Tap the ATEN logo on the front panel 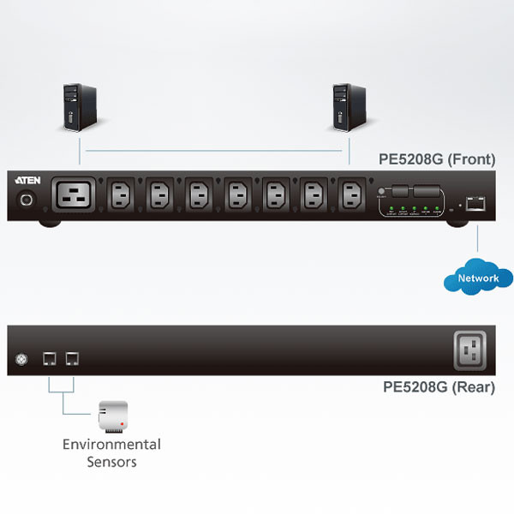click(x=24, y=181)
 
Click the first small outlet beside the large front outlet click(x=122, y=196)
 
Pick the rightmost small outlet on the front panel click(x=352, y=196)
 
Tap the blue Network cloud click(x=478, y=278)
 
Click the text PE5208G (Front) click(x=436, y=159)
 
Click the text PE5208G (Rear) click(x=439, y=387)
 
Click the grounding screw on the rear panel click(x=22, y=360)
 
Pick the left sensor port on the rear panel click(x=51, y=360)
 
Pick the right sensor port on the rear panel click(x=72, y=360)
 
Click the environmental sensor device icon click(x=113, y=415)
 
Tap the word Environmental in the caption click(x=111, y=445)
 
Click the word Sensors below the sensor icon click(x=111, y=462)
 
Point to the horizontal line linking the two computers click(x=214, y=151)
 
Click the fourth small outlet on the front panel click(x=237, y=196)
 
